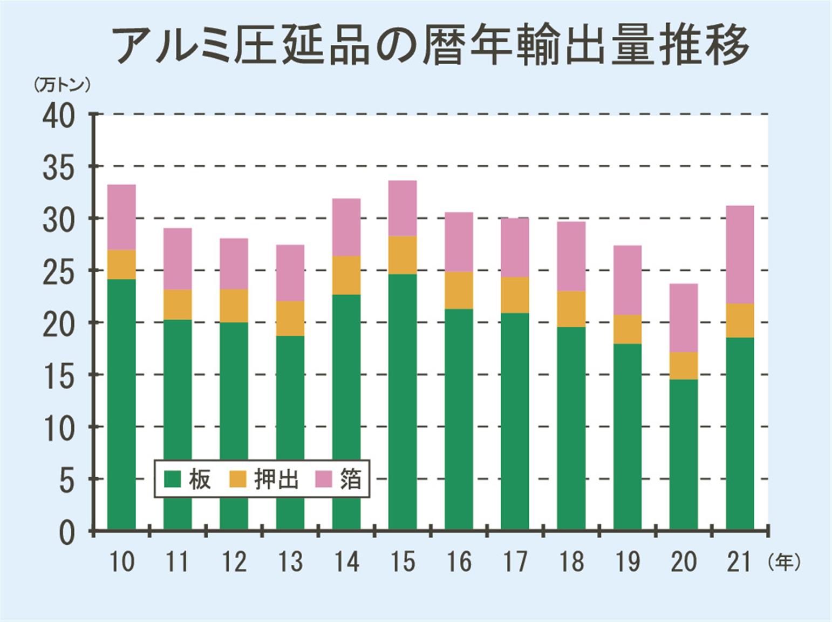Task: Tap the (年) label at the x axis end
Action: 783,562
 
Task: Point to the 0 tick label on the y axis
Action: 66,532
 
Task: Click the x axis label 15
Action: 403,562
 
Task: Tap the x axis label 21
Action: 739,562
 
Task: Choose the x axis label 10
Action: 121,562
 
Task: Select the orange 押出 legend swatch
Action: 238,478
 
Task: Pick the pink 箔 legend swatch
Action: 323,478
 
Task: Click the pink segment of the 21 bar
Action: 740,254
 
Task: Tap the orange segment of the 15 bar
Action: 403,255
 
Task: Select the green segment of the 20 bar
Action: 684,454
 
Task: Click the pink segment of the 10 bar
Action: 121,217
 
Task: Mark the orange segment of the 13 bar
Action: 290,318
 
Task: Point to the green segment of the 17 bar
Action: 515,421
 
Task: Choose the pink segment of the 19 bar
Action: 628,280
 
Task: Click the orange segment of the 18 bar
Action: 571,309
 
